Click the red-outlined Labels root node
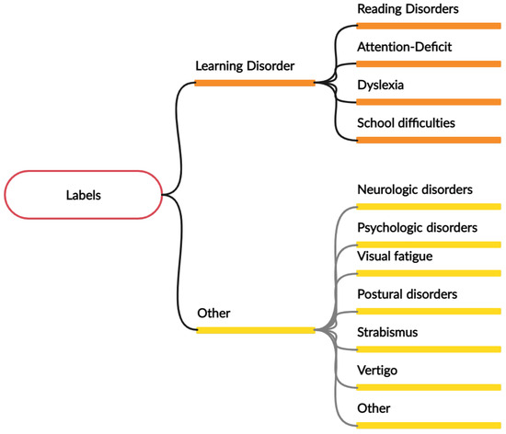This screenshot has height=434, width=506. pos(84,195)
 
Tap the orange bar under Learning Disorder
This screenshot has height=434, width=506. pos(255,83)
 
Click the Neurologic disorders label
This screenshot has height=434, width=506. pos(415,189)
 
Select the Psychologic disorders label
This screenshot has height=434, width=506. pos(417,226)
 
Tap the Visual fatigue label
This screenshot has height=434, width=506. pos(394,257)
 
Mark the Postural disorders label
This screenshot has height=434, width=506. pos(407,293)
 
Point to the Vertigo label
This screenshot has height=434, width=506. pos(378,369)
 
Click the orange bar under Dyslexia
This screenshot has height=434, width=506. pos(428,101)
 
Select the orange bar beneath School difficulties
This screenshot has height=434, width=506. pos(428,139)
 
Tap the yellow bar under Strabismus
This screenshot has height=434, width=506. pos(428,349)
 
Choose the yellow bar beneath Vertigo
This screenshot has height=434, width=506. pos(428,387)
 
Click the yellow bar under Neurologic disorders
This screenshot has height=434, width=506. pos(428,207)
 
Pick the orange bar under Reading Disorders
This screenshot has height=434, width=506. pos(428,26)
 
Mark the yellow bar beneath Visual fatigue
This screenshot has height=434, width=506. pos(428,274)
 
